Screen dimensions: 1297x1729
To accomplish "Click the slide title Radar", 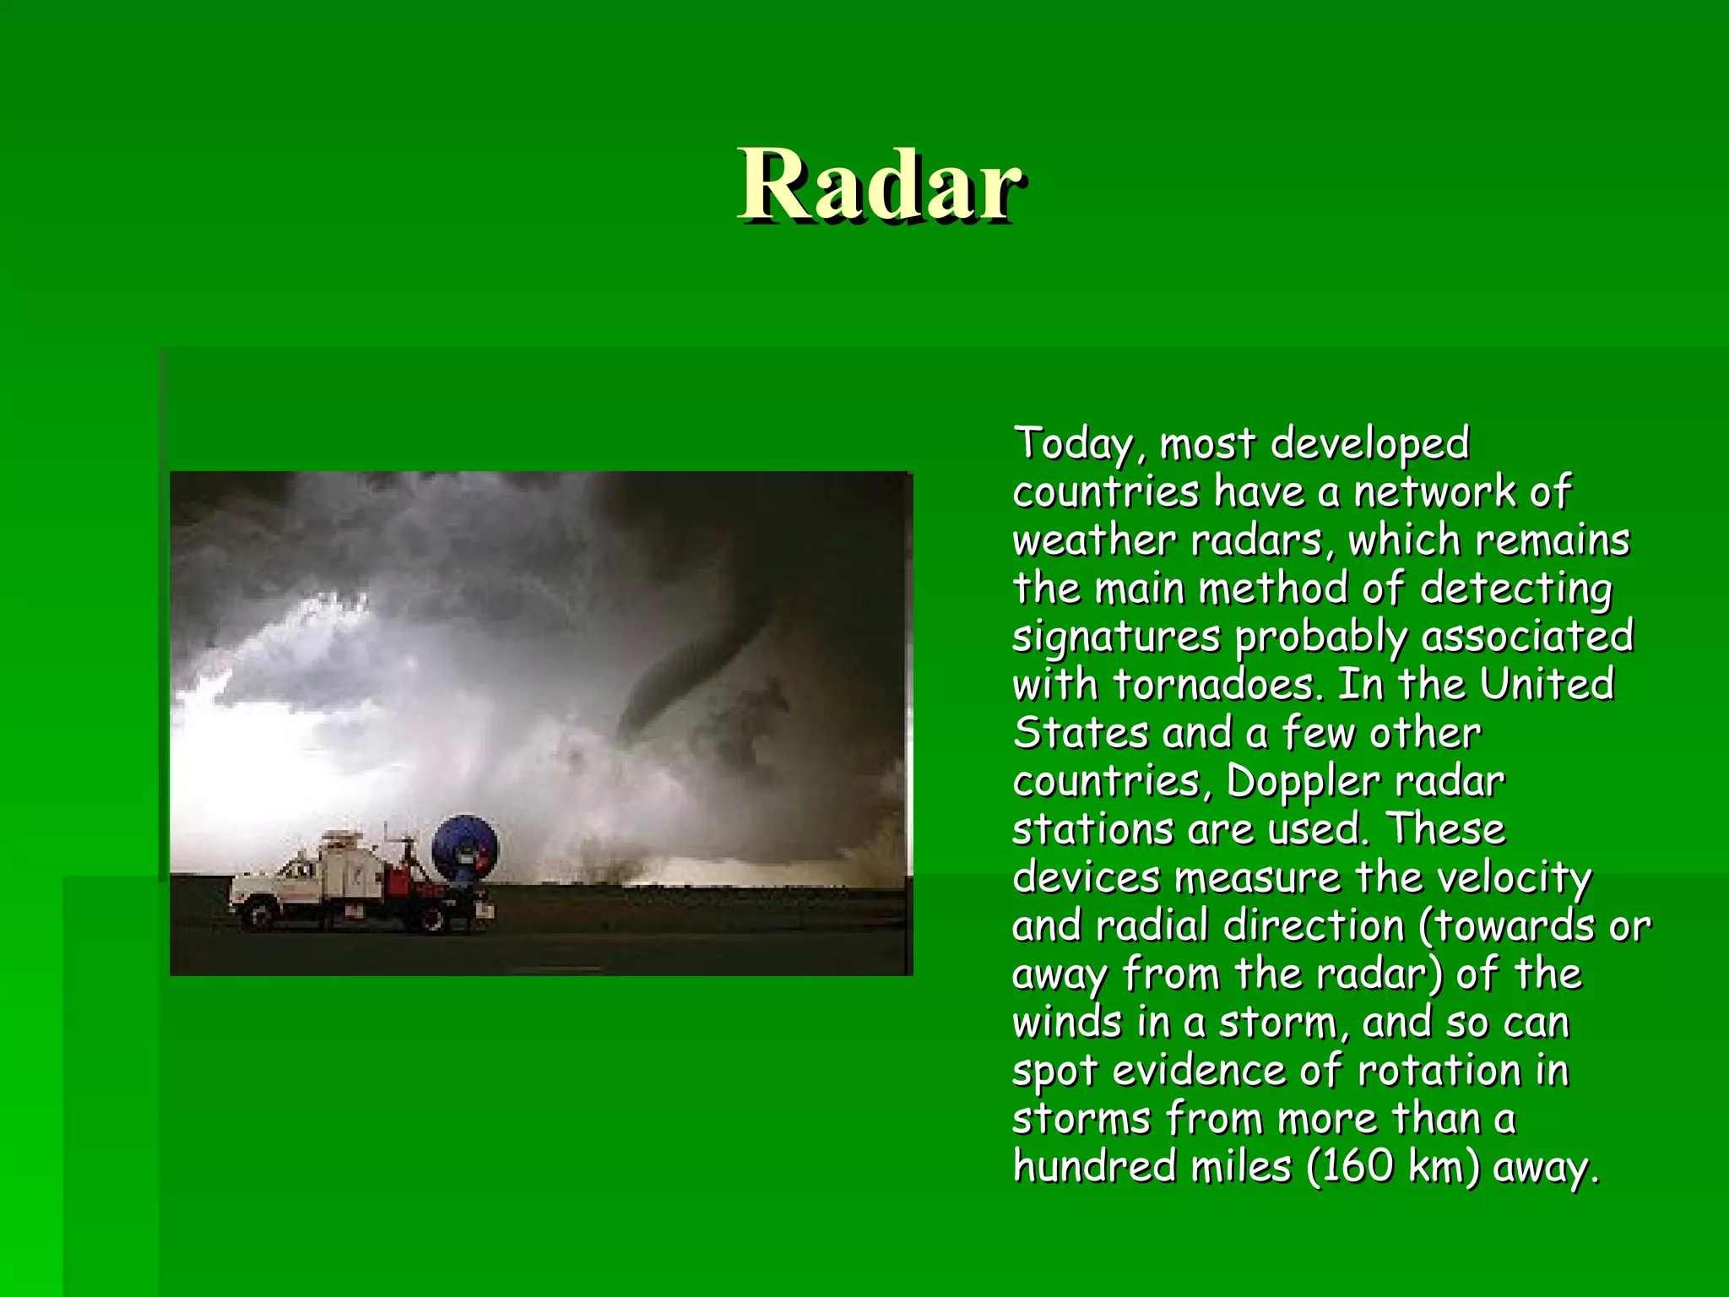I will [881, 185].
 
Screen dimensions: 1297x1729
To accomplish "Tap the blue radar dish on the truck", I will [464, 849].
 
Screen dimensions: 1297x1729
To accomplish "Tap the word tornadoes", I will [1216, 685].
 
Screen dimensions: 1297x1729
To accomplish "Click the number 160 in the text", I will [1358, 1167].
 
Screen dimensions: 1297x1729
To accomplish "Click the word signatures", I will [1116, 637].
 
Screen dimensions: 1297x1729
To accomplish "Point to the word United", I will [1547, 685].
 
